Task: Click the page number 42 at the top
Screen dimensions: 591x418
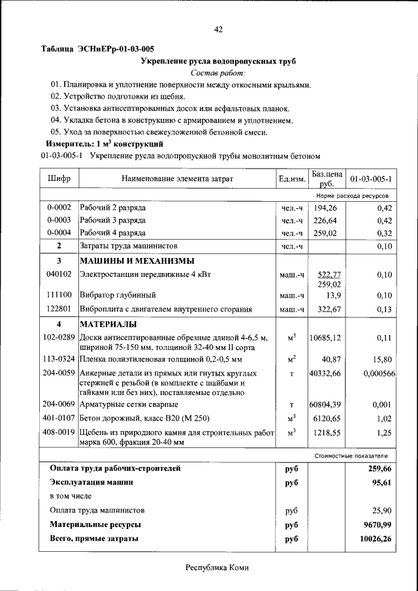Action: click(218, 29)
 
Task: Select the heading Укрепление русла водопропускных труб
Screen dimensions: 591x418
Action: click(218, 61)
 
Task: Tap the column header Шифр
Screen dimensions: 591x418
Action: click(59, 178)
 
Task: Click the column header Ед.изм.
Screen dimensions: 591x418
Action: click(292, 178)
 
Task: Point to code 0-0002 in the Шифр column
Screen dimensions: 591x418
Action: click(59, 208)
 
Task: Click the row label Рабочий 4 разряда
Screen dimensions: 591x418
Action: click(112, 232)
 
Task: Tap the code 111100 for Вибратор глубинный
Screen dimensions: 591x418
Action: click(59, 295)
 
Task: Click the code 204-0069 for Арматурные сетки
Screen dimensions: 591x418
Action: click(59, 405)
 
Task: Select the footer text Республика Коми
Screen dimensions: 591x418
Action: click(217, 567)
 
